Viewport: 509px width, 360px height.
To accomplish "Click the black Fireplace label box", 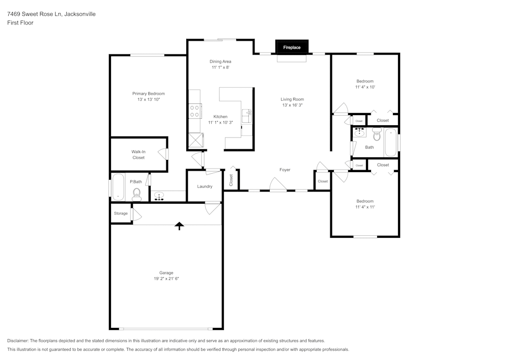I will (292, 47).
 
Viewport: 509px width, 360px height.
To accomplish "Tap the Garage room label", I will (166, 273).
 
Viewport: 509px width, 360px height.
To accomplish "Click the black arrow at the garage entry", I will (179, 226).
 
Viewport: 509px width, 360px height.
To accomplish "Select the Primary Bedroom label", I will (149, 94).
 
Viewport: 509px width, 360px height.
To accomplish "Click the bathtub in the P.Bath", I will (118, 187).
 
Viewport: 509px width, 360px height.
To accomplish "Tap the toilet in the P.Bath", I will (136, 193).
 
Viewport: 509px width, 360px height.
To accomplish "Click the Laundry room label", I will (205, 186).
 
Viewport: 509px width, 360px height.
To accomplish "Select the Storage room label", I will (121, 213).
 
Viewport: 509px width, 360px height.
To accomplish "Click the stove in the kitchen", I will (194, 111).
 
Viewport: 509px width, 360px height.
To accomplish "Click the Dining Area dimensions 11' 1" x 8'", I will (220, 67).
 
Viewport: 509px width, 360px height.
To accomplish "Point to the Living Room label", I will (292, 99).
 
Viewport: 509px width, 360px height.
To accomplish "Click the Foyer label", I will (285, 170).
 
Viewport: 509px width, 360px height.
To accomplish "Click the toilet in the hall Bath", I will (377, 135).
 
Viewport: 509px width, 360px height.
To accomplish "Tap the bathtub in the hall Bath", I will (390, 143).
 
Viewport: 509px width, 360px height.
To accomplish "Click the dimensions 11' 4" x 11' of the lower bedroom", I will (365, 207).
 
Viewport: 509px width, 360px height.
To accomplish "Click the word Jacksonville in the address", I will (79, 14).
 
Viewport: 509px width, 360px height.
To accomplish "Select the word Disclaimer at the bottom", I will (18, 341).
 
